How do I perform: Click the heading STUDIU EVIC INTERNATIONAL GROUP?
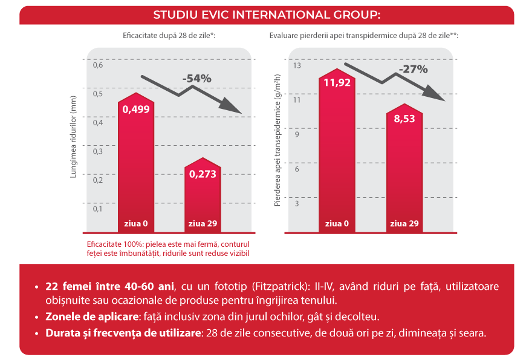click(267, 15)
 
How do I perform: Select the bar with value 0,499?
click(136, 163)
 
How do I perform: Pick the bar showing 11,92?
click(337, 151)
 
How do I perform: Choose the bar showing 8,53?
click(404, 169)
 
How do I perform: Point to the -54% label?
click(196, 78)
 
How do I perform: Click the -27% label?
click(414, 69)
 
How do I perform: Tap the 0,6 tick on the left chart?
click(98, 65)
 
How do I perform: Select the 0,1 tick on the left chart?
click(98, 209)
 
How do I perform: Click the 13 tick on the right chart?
click(297, 65)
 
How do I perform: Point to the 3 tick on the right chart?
click(297, 203)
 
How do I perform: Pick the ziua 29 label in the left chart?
click(203, 223)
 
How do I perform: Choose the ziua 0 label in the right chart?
click(337, 223)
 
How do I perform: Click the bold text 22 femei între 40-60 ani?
click(109, 286)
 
